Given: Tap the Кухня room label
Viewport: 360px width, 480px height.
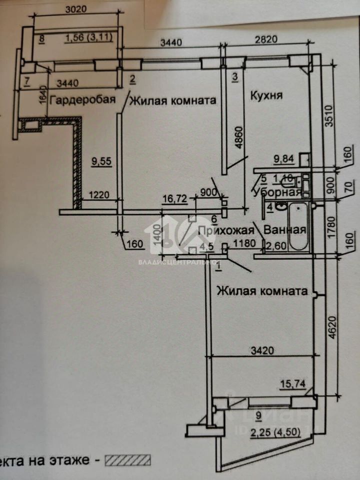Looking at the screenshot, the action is pos(267,95).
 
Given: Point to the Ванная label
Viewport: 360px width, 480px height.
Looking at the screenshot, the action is pos(285,230).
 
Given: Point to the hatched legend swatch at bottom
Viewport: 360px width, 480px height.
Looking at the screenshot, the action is pos(129,458).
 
